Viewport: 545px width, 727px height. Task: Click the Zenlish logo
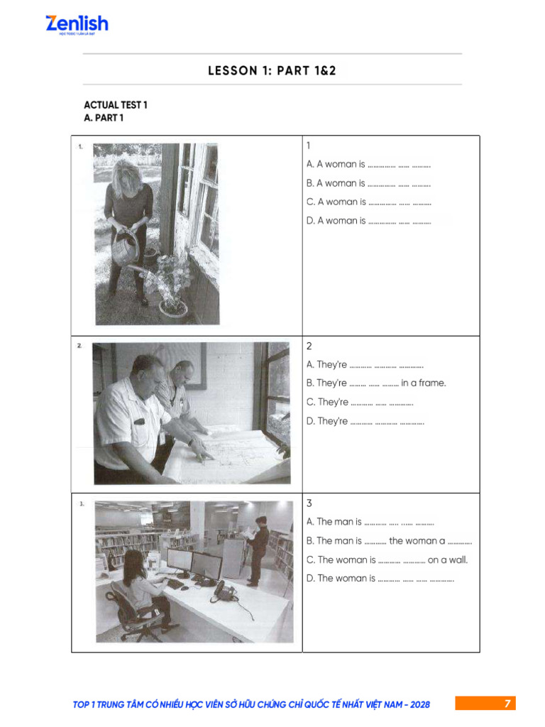pyautogui.click(x=77, y=25)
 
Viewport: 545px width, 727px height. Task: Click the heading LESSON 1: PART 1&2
pyautogui.click(x=272, y=70)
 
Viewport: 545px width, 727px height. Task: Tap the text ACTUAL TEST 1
pyautogui.click(x=116, y=105)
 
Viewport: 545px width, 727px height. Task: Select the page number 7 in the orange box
pyautogui.click(x=507, y=704)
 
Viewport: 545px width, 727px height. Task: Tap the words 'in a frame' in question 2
pyautogui.click(x=424, y=383)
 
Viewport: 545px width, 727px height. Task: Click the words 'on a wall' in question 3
pyautogui.click(x=448, y=559)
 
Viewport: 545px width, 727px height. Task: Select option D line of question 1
pyautogui.click(x=368, y=221)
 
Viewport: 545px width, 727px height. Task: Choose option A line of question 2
pyautogui.click(x=365, y=365)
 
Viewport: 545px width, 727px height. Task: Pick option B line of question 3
pyautogui.click(x=389, y=541)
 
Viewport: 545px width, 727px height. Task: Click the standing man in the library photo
pyautogui.click(x=258, y=550)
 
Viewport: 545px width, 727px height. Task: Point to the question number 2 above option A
pyautogui.click(x=309, y=346)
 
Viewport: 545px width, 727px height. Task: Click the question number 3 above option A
pyautogui.click(x=309, y=503)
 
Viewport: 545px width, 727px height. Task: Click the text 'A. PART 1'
pyautogui.click(x=104, y=118)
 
